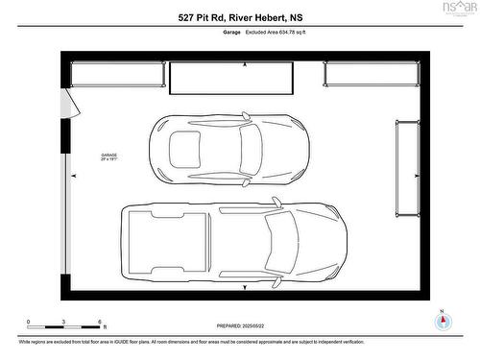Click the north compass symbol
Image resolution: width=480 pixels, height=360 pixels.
click(442, 321)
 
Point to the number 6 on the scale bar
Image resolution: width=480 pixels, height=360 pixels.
click(100, 322)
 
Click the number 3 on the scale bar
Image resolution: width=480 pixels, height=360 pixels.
click(64, 322)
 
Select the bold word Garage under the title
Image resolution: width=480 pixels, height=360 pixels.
click(231, 32)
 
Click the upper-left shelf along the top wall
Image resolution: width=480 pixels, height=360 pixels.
click(117, 74)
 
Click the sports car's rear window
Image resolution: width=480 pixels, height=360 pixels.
click(184, 148)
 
